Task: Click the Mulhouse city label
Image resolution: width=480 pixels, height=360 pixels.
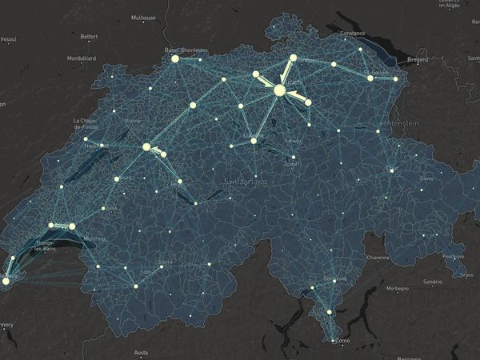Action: [x=144, y=16]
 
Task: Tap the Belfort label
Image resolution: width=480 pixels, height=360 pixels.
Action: [x=90, y=37]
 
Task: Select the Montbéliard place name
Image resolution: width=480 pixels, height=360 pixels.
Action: [x=81, y=58]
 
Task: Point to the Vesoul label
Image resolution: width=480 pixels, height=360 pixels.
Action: [x=9, y=38]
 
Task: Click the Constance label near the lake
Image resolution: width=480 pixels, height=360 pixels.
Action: [x=353, y=34]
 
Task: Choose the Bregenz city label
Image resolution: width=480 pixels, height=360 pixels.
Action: [x=418, y=59]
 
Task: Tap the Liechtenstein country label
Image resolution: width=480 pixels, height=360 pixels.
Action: [x=398, y=122]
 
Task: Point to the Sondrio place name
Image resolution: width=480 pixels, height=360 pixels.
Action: [x=433, y=282]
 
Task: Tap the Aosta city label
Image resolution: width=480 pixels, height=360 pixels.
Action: [x=141, y=352]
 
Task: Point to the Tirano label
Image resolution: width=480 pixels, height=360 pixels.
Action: [x=466, y=274]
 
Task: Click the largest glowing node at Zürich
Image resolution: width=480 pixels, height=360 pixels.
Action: [x=279, y=90]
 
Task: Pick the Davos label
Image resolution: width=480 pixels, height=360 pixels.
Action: [x=430, y=177]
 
